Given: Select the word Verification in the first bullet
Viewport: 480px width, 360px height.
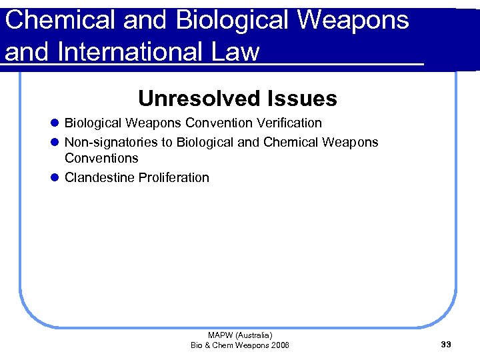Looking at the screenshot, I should (x=287, y=123).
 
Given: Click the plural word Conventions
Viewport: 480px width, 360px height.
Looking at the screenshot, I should (x=101, y=159).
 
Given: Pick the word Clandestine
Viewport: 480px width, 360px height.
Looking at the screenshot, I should (x=99, y=177).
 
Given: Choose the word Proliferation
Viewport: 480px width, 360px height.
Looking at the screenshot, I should (x=174, y=177).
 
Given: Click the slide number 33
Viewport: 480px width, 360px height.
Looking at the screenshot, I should (x=446, y=344).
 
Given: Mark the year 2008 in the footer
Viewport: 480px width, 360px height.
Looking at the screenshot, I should (x=279, y=345).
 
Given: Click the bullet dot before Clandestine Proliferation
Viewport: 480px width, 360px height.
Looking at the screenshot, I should (x=54, y=178).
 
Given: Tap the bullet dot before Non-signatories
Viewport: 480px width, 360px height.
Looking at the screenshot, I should (x=54, y=143).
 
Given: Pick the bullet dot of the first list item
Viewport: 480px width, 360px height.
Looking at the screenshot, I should (x=54, y=123).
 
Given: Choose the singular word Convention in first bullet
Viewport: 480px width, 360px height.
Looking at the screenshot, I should (x=219, y=123).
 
